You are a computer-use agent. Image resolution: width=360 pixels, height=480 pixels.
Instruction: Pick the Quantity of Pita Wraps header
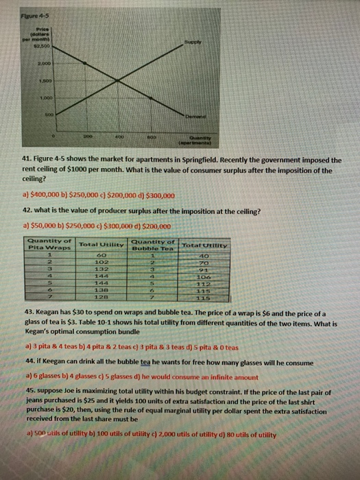49,243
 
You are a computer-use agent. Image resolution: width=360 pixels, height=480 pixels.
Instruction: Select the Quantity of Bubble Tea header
157,243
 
